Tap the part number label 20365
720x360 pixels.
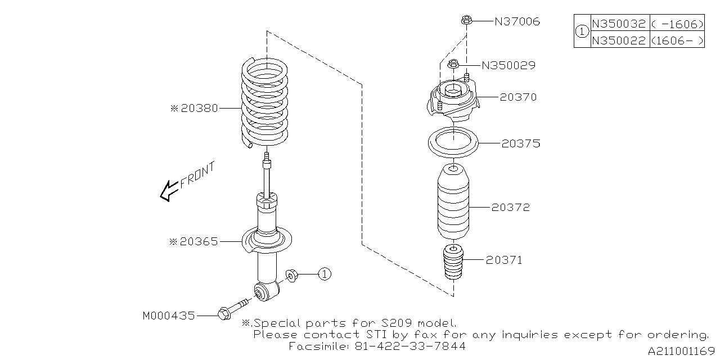(x=199, y=242)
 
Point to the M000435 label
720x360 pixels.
(x=169, y=316)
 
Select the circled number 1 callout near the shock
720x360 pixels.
(x=325, y=274)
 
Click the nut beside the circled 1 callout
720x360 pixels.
(x=291, y=276)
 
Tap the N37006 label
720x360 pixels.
(x=517, y=22)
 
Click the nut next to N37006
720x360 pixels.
(x=465, y=21)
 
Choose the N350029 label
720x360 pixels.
(x=508, y=66)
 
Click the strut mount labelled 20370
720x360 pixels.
(x=453, y=101)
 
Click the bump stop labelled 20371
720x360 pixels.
(x=452, y=262)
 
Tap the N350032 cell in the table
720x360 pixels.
(x=619, y=24)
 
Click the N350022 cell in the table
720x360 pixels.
(x=619, y=40)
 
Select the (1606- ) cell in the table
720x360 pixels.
(x=677, y=40)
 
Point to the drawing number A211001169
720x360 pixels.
(x=681, y=352)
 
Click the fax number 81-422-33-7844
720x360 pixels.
(x=410, y=346)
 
